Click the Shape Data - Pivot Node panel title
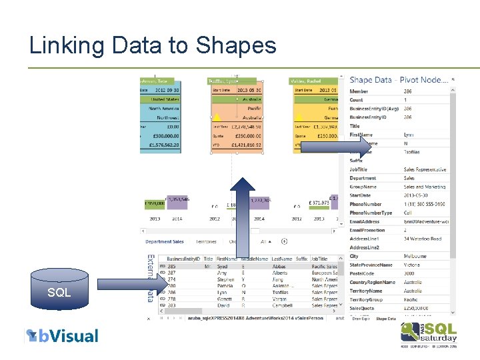pos(398,80)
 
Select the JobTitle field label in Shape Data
pos(359,169)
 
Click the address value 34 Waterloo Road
pos(423,239)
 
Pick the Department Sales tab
pos(165,241)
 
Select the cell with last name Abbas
pos(280,267)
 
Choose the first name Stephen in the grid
pos(226,280)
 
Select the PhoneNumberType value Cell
pos(409,213)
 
